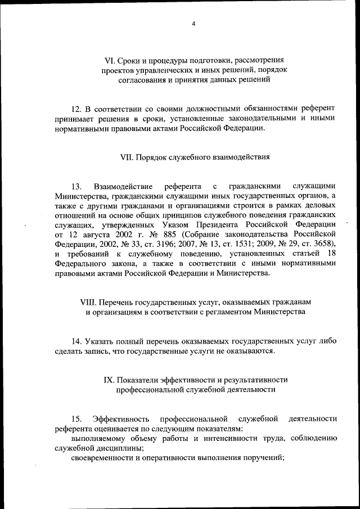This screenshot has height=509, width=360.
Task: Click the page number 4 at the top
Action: point(193,23)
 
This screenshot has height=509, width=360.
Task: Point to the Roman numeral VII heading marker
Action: point(127,157)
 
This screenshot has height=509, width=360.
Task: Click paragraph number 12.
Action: point(77,108)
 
